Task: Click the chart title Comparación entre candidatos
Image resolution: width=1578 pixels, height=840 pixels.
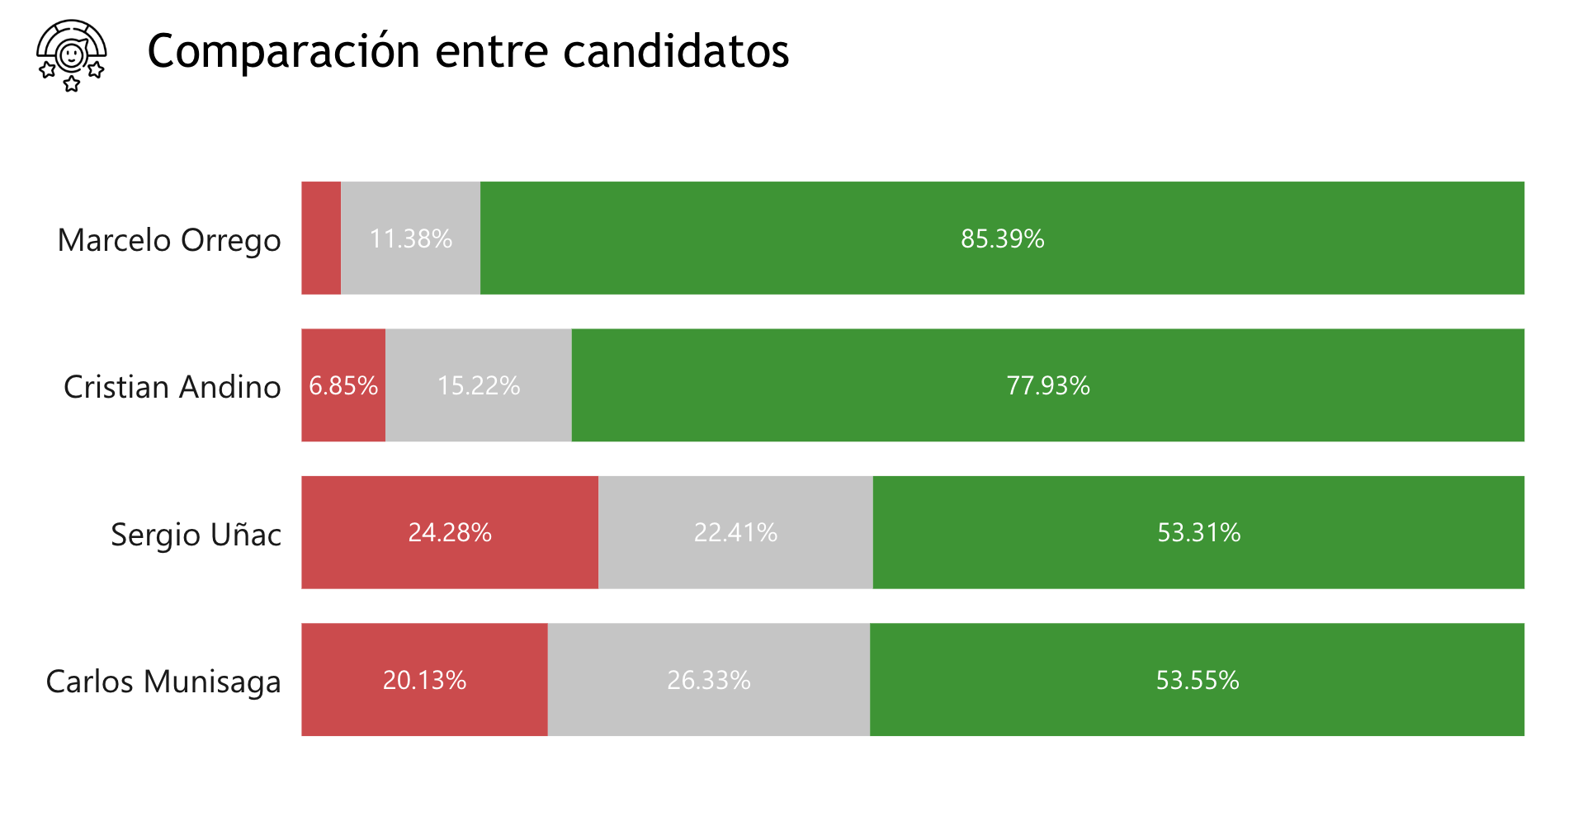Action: pyautogui.click(x=468, y=51)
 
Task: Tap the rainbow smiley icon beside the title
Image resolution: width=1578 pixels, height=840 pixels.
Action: pyautogui.click(x=72, y=55)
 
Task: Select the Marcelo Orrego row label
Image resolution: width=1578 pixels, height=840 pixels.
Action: pyautogui.click(x=169, y=240)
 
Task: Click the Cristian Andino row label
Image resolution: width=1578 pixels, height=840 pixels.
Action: pyautogui.click(x=172, y=387)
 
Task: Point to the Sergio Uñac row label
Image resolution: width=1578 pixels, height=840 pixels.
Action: pyautogui.click(x=196, y=535)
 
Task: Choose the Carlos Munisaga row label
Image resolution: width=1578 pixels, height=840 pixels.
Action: pyautogui.click(x=163, y=682)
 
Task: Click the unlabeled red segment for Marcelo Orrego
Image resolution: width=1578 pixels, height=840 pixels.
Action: pyautogui.click(x=321, y=238)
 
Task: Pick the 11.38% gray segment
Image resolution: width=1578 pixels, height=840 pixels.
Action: pyautogui.click(x=410, y=238)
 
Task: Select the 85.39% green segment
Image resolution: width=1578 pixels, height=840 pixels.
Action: pyautogui.click(x=1002, y=238)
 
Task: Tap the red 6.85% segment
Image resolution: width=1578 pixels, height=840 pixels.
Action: pyautogui.click(x=343, y=385)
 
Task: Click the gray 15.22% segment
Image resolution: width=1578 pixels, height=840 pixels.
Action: pyautogui.click(x=479, y=385)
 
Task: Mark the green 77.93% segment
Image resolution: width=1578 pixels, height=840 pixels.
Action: pyautogui.click(x=1048, y=385)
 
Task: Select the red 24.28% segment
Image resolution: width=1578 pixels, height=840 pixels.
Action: pyautogui.click(x=450, y=532)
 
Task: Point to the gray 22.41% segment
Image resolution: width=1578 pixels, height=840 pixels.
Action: pyautogui.click(x=735, y=532)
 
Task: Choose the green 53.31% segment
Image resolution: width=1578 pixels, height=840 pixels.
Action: pyautogui.click(x=1198, y=532)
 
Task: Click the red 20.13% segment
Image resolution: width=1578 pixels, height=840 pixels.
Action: pyautogui.click(x=424, y=680)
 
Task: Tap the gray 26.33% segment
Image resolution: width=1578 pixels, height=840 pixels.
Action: pyautogui.click(x=709, y=680)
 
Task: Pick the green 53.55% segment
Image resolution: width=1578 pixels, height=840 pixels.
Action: pyautogui.click(x=1197, y=680)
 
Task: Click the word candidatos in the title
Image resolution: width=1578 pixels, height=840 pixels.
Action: pyautogui.click(x=676, y=51)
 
